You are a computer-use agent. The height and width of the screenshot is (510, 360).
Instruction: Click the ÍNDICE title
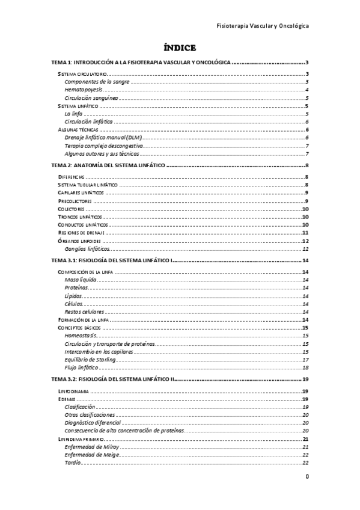[180, 48]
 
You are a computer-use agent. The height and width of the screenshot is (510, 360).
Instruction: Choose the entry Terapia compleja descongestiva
[102, 145]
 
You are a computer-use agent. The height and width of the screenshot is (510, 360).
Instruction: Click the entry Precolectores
[75, 200]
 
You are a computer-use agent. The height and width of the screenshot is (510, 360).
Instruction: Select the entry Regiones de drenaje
[82, 232]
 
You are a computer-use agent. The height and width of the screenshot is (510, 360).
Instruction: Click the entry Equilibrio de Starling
[93, 360]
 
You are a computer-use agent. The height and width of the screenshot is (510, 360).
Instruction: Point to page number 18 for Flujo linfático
[305, 367]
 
